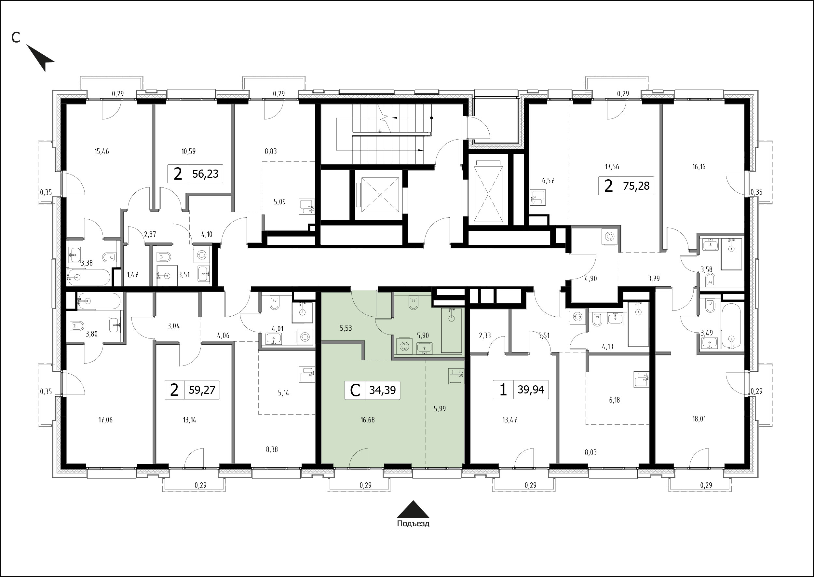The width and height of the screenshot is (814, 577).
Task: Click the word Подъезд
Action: point(413,524)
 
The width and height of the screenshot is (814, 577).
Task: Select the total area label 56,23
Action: point(205,174)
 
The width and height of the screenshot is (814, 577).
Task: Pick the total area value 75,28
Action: point(636,185)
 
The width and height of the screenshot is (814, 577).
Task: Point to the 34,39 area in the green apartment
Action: point(383,391)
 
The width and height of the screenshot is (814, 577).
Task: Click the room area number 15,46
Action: point(102,151)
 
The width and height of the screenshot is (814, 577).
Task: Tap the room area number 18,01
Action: point(699,419)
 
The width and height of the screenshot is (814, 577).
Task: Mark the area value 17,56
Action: point(612,166)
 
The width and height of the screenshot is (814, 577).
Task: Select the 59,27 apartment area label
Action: point(202,390)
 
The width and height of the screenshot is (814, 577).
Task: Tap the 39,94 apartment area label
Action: point(531,390)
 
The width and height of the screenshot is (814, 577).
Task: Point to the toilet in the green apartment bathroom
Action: point(413,303)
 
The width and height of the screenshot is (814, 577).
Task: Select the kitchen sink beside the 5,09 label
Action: point(306,206)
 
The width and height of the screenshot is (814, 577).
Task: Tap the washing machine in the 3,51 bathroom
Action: point(202,254)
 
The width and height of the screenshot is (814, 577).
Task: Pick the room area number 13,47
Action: point(509,420)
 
